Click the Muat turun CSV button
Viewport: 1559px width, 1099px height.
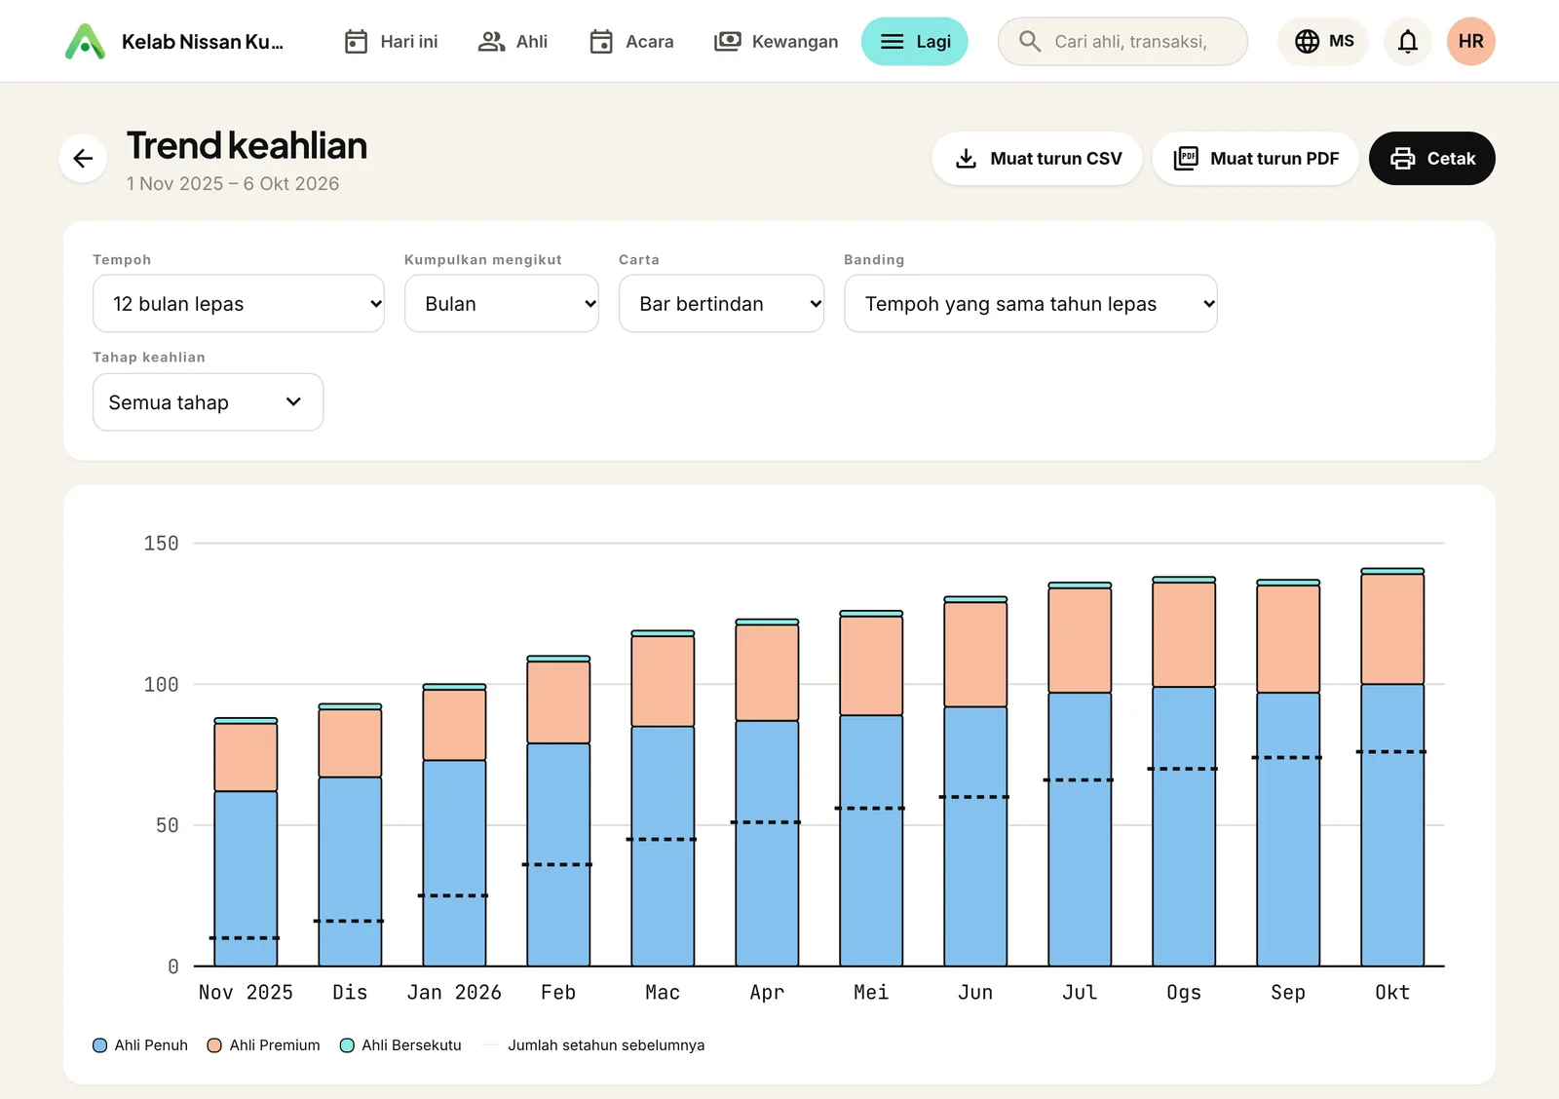click(1037, 158)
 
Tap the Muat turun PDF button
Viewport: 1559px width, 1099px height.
click(1255, 158)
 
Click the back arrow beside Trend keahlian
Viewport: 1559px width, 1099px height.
click(83, 158)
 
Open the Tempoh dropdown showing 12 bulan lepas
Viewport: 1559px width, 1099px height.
click(238, 303)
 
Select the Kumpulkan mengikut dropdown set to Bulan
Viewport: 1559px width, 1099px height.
click(501, 303)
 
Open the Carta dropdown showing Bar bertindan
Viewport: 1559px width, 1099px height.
click(721, 303)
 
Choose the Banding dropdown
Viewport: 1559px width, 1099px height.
click(1030, 303)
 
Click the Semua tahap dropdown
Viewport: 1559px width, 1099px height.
click(208, 402)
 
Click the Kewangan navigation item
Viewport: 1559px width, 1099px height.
click(776, 42)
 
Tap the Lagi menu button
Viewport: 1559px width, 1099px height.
click(915, 42)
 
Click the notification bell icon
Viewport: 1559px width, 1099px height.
click(1407, 42)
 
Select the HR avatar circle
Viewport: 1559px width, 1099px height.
click(1470, 42)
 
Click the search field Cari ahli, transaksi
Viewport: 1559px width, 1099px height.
click(1122, 42)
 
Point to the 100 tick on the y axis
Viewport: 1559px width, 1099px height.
click(162, 684)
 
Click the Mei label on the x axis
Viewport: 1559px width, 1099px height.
click(871, 992)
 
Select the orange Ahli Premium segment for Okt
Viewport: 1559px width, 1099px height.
click(1392, 629)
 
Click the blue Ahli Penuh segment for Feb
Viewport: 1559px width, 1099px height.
click(558, 854)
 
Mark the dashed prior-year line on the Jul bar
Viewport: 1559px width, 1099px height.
click(1080, 780)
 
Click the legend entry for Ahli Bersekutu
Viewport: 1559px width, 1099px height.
click(400, 1044)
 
